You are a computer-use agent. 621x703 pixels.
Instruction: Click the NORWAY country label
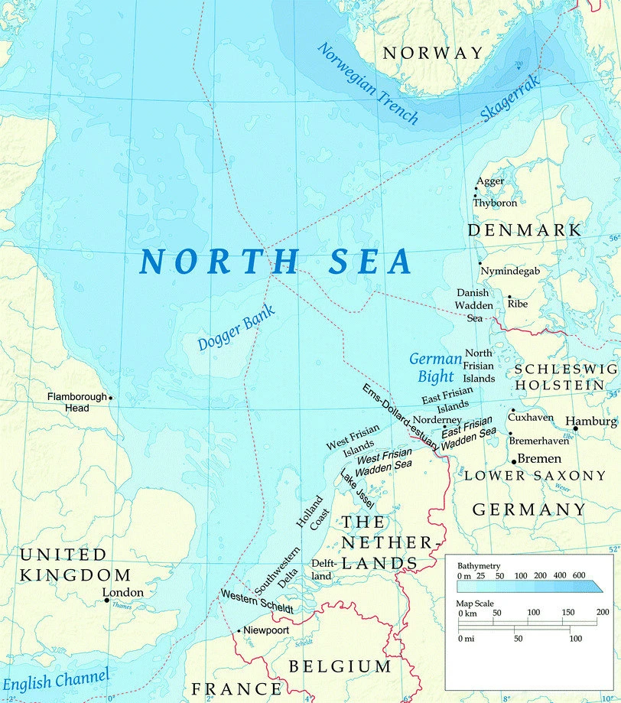click(433, 53)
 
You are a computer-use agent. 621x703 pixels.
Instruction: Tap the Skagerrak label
click(511, 98)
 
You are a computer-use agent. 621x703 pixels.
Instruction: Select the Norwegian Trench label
click(368, 83)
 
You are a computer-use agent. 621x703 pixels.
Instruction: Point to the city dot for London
click(106, 600)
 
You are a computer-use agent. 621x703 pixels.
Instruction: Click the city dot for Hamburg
click(575, 428)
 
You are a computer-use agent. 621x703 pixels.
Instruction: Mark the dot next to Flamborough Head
click(111, 398)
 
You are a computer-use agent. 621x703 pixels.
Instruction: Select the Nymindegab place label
click(509, 271)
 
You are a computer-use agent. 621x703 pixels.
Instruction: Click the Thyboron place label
click(495, 203)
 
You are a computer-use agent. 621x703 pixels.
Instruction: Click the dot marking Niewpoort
click(239, 630)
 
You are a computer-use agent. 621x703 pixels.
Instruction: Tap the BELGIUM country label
click(340, 666)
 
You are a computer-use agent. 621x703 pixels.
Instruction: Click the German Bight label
click(436, 367)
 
